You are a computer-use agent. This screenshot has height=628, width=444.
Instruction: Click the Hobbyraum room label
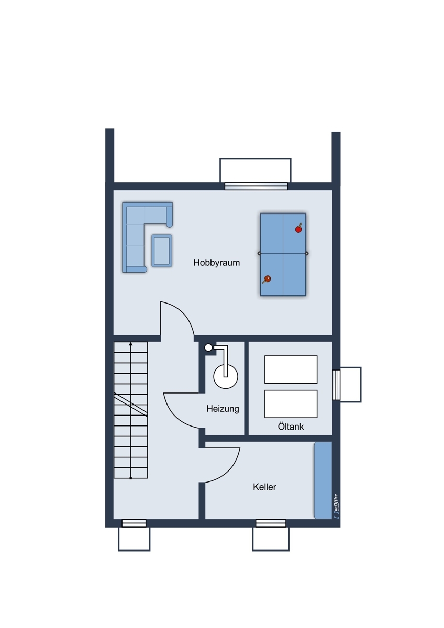click(x=217, y=263)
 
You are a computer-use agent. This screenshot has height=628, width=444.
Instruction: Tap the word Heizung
click(x=223, y=409)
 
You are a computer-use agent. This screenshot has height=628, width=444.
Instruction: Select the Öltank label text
click(x=291, y=427)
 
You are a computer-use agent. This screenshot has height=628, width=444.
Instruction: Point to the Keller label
click(x=264, y=487)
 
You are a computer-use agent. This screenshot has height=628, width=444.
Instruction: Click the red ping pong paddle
click(x=298, y=229)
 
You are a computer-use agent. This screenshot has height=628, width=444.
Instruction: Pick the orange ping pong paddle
click(x=267, y=279)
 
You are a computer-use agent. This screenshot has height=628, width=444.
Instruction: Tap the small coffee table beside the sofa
click(x=162, y=251)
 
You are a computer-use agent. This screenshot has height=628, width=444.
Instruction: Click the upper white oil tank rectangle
click(x=291, y=369)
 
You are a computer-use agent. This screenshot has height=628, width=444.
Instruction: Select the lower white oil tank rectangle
click(x=291, y=403)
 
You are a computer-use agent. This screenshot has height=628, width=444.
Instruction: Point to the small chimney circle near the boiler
click(x=208, y=347)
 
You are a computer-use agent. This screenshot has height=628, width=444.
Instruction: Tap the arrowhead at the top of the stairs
click(x=130, y=343)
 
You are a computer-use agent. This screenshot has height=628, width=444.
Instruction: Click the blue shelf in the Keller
click(x=323, y=480)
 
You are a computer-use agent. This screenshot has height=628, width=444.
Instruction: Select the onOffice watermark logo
click(x=336, y=506)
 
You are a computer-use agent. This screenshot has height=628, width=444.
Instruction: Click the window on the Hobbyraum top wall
click(x=256, y=186)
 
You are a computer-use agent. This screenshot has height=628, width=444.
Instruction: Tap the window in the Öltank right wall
click(x=336, y=385)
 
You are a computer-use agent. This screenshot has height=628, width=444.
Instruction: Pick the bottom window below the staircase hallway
click(x=134, y=523)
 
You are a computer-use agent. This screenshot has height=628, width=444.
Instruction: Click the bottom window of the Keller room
click(x=271, y=523)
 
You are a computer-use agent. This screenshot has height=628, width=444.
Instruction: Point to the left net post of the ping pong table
click(x=259, y=253)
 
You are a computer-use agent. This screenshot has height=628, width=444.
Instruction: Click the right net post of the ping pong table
click(x=307, y=253)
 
